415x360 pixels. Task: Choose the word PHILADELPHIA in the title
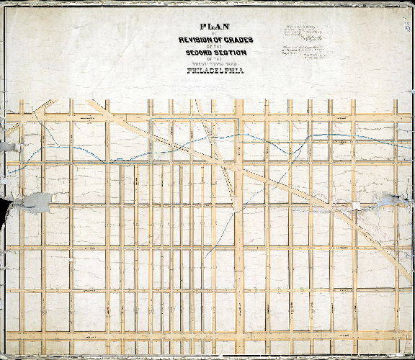215,71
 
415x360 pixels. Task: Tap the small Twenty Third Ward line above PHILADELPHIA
215,63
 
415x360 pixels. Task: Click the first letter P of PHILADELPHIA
189,71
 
